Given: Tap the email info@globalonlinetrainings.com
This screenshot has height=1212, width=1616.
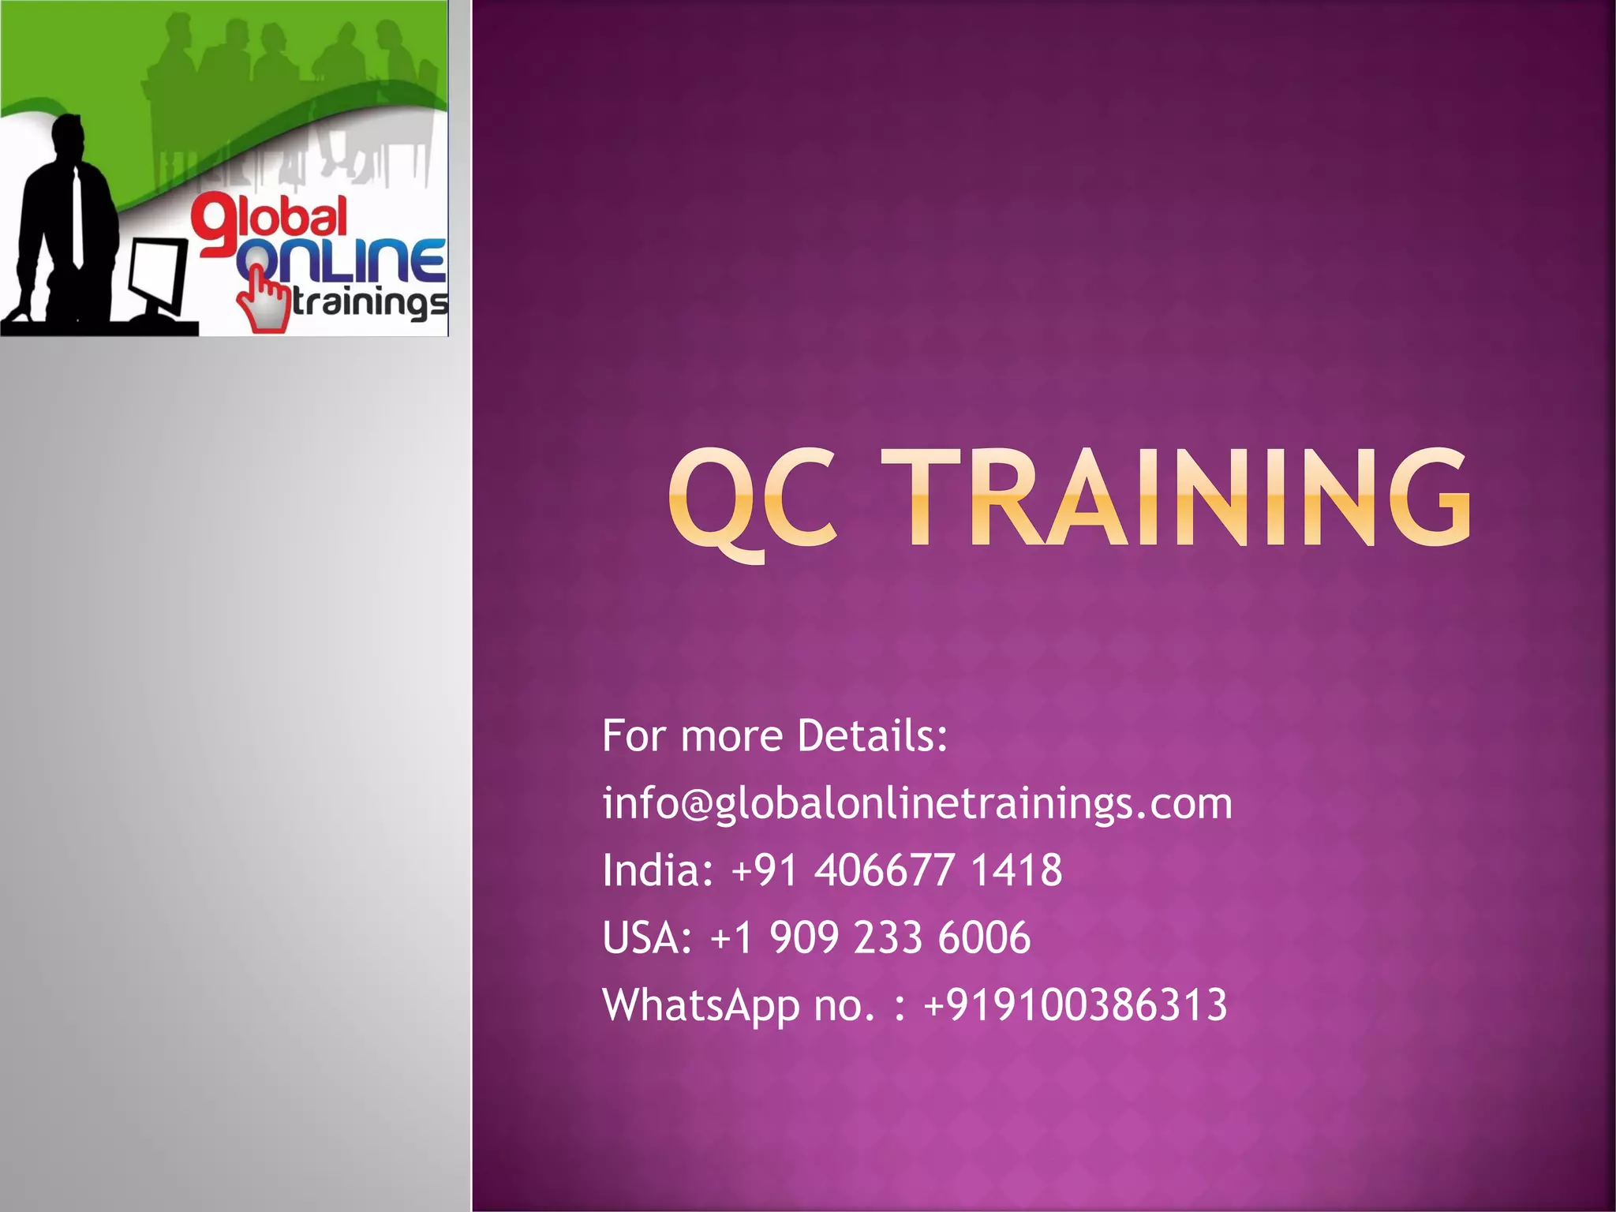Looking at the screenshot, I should pyautogui.click(x=917, y=804).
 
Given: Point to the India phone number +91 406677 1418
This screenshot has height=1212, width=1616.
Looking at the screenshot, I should pyautogui.click(x=897, y=871).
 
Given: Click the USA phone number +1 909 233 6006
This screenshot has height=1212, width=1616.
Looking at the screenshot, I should pyautogui.click(x=870, y=938).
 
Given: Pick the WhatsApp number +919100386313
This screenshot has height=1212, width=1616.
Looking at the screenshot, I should pyautogui.click(x=1075, y=1005).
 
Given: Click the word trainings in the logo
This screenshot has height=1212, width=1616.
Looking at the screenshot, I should pyautogui.click(x=369, y=303).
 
